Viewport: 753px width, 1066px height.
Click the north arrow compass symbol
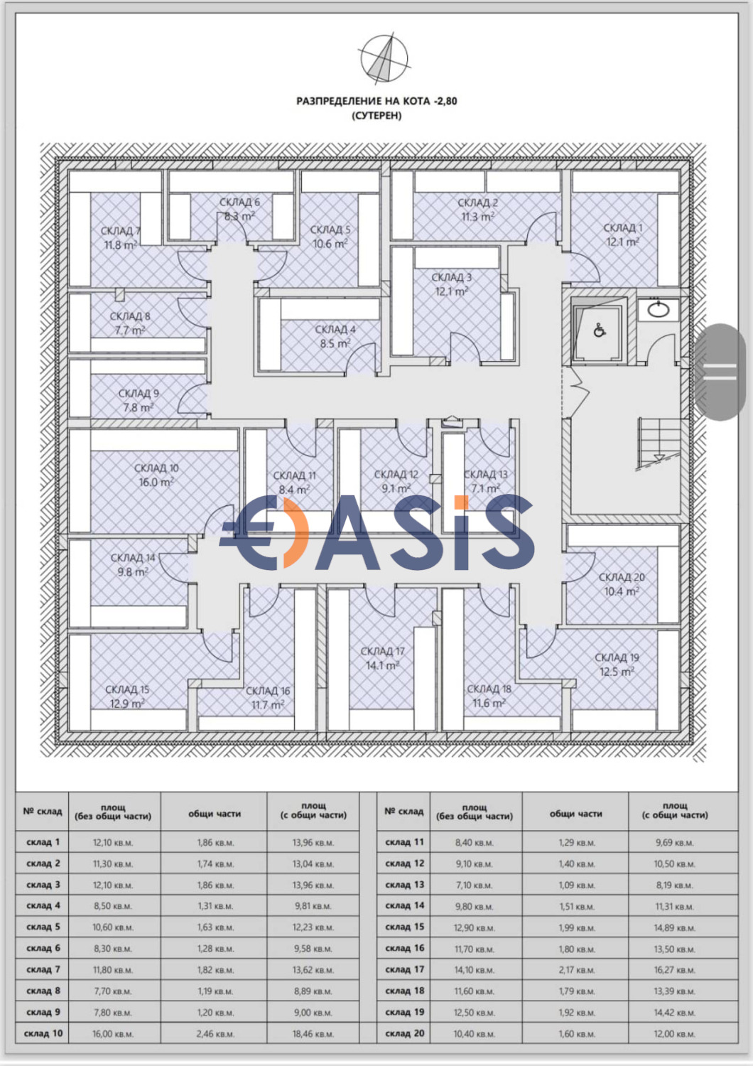[x=383, y=58]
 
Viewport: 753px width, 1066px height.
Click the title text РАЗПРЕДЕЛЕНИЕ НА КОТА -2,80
[x=376, y=101]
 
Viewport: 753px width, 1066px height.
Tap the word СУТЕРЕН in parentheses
[x=376, y=115]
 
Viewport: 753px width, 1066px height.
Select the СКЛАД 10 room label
[x=156, y=468]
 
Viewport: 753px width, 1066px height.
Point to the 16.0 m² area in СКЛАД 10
[x=156, y=483]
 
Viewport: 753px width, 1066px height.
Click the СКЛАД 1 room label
[x=622, y=228]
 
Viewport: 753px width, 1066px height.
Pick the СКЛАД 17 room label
[x=382, y=651]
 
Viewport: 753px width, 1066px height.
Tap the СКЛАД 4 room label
[x=335, y=330]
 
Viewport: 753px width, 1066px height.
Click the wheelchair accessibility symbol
[x=600, y=330]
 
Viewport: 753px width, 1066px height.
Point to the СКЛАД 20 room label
[x=622, y=577]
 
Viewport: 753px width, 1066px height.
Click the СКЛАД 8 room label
[x=129, y=316]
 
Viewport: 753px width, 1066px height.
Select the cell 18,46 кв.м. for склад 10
[x=313, y=1034]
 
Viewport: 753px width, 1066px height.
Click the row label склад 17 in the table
[x=404, y=969]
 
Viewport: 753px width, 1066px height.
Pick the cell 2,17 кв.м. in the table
[x=575, y=970]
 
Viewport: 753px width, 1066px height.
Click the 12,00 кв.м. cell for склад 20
[x=674, y=1034]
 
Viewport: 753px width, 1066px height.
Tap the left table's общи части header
[x=214, y=814]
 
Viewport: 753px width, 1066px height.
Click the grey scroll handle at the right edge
[x=720, y=372]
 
